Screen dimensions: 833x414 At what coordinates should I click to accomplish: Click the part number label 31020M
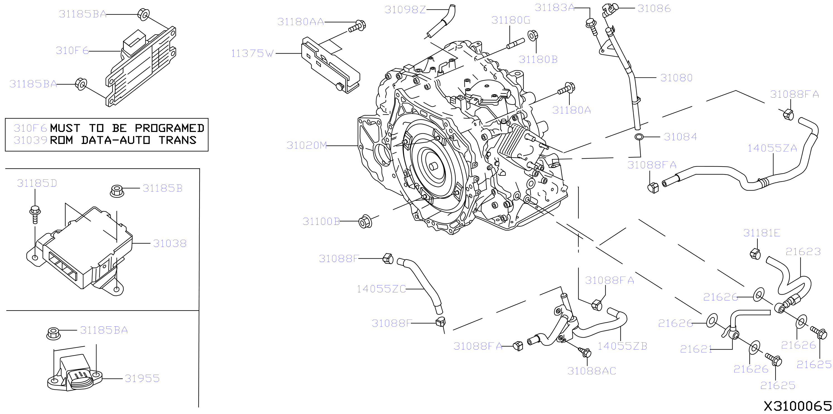click(307, 145)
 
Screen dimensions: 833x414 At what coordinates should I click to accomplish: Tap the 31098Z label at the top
click(405, 10)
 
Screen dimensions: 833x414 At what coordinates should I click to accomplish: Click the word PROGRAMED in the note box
click(169, 128)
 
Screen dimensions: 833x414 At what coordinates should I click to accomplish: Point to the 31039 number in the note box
click(30, 140)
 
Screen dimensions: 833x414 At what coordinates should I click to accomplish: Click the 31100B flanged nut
click(365, 222)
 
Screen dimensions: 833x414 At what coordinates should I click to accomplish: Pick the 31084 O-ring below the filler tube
click(639, 137)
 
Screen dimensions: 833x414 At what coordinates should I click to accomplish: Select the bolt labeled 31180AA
click(357, 26)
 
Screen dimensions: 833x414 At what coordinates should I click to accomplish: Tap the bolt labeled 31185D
click(35, 214)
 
